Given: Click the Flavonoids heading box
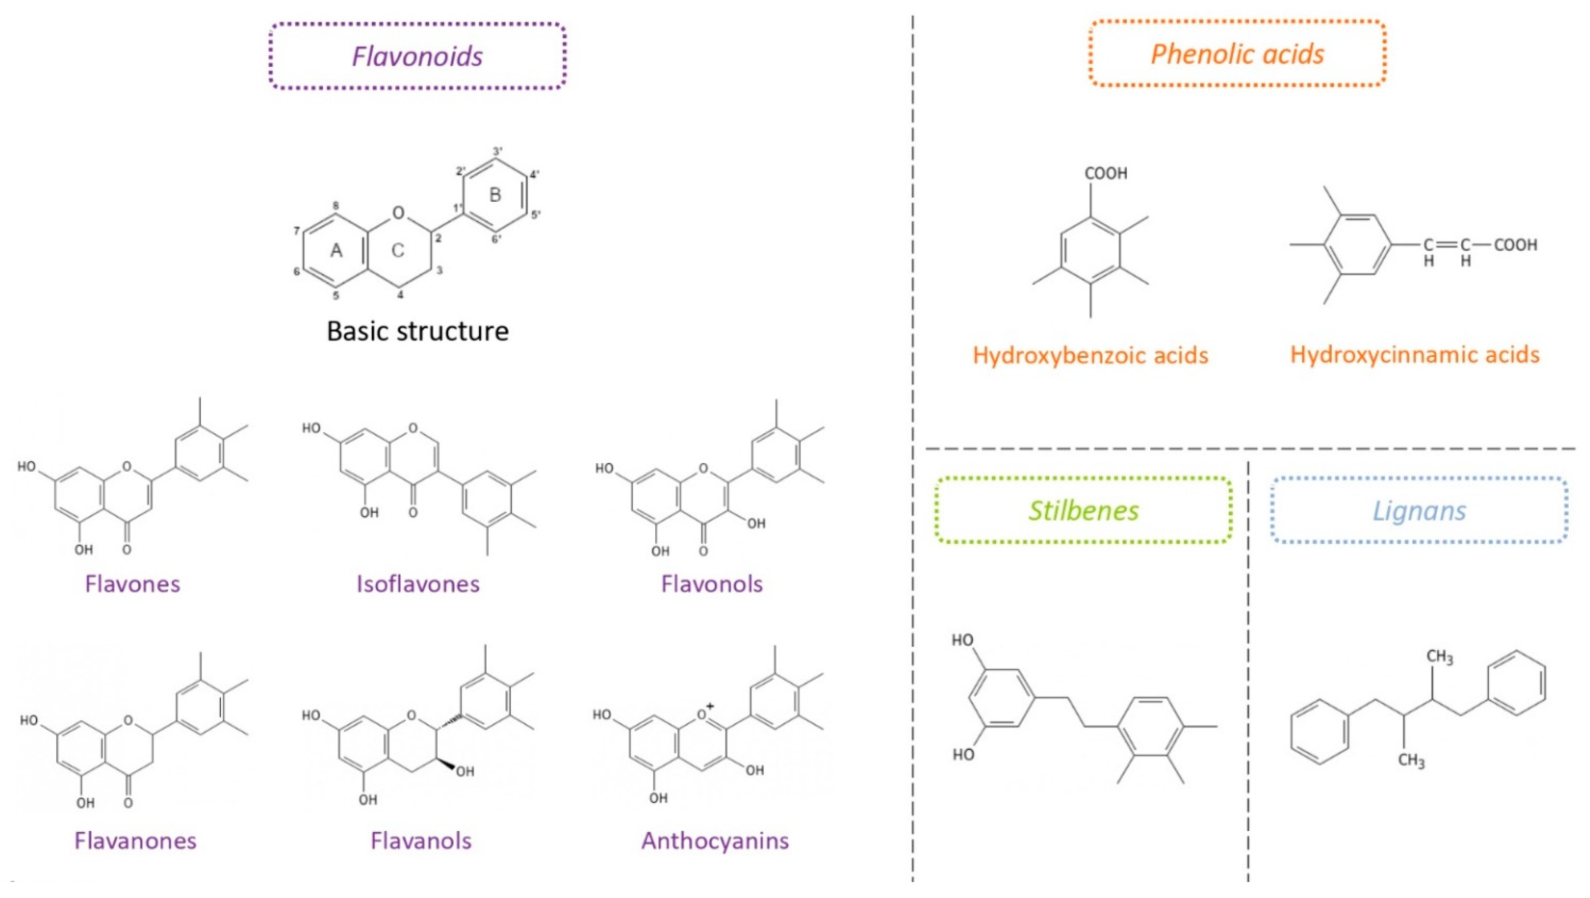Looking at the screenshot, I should pos(417,56).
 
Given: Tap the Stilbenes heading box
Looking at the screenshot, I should pos(1083,511).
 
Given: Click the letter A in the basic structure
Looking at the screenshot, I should pos(336,250).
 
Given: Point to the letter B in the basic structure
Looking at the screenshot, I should pos(495,195).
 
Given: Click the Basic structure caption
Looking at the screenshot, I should pos(417,331).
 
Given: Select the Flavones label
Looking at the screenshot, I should pos(133,584).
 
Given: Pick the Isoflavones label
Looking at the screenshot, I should pos(418,584).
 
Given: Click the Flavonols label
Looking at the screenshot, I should pos(712,584).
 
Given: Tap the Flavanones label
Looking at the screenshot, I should pos(135,841).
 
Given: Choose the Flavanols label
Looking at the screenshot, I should pos(421,841).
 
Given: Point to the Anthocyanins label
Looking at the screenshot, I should pos(715,841).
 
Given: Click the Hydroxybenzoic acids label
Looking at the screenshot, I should pos(1091,355).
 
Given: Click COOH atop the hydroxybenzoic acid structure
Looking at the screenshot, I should pos(1106,173).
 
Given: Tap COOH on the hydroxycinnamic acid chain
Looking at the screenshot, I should pos(1515,245).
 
